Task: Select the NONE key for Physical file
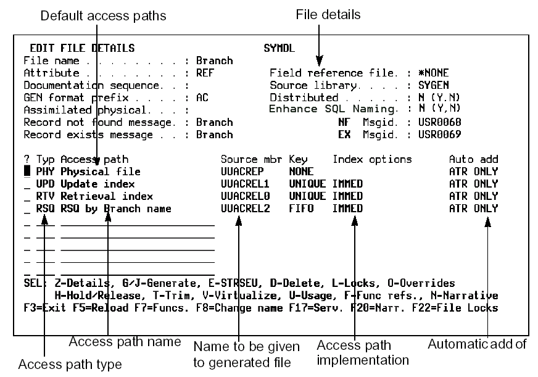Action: (x=300, y=172)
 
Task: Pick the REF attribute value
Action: (x=205, y=73)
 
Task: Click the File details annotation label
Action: (x=329, y=14)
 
